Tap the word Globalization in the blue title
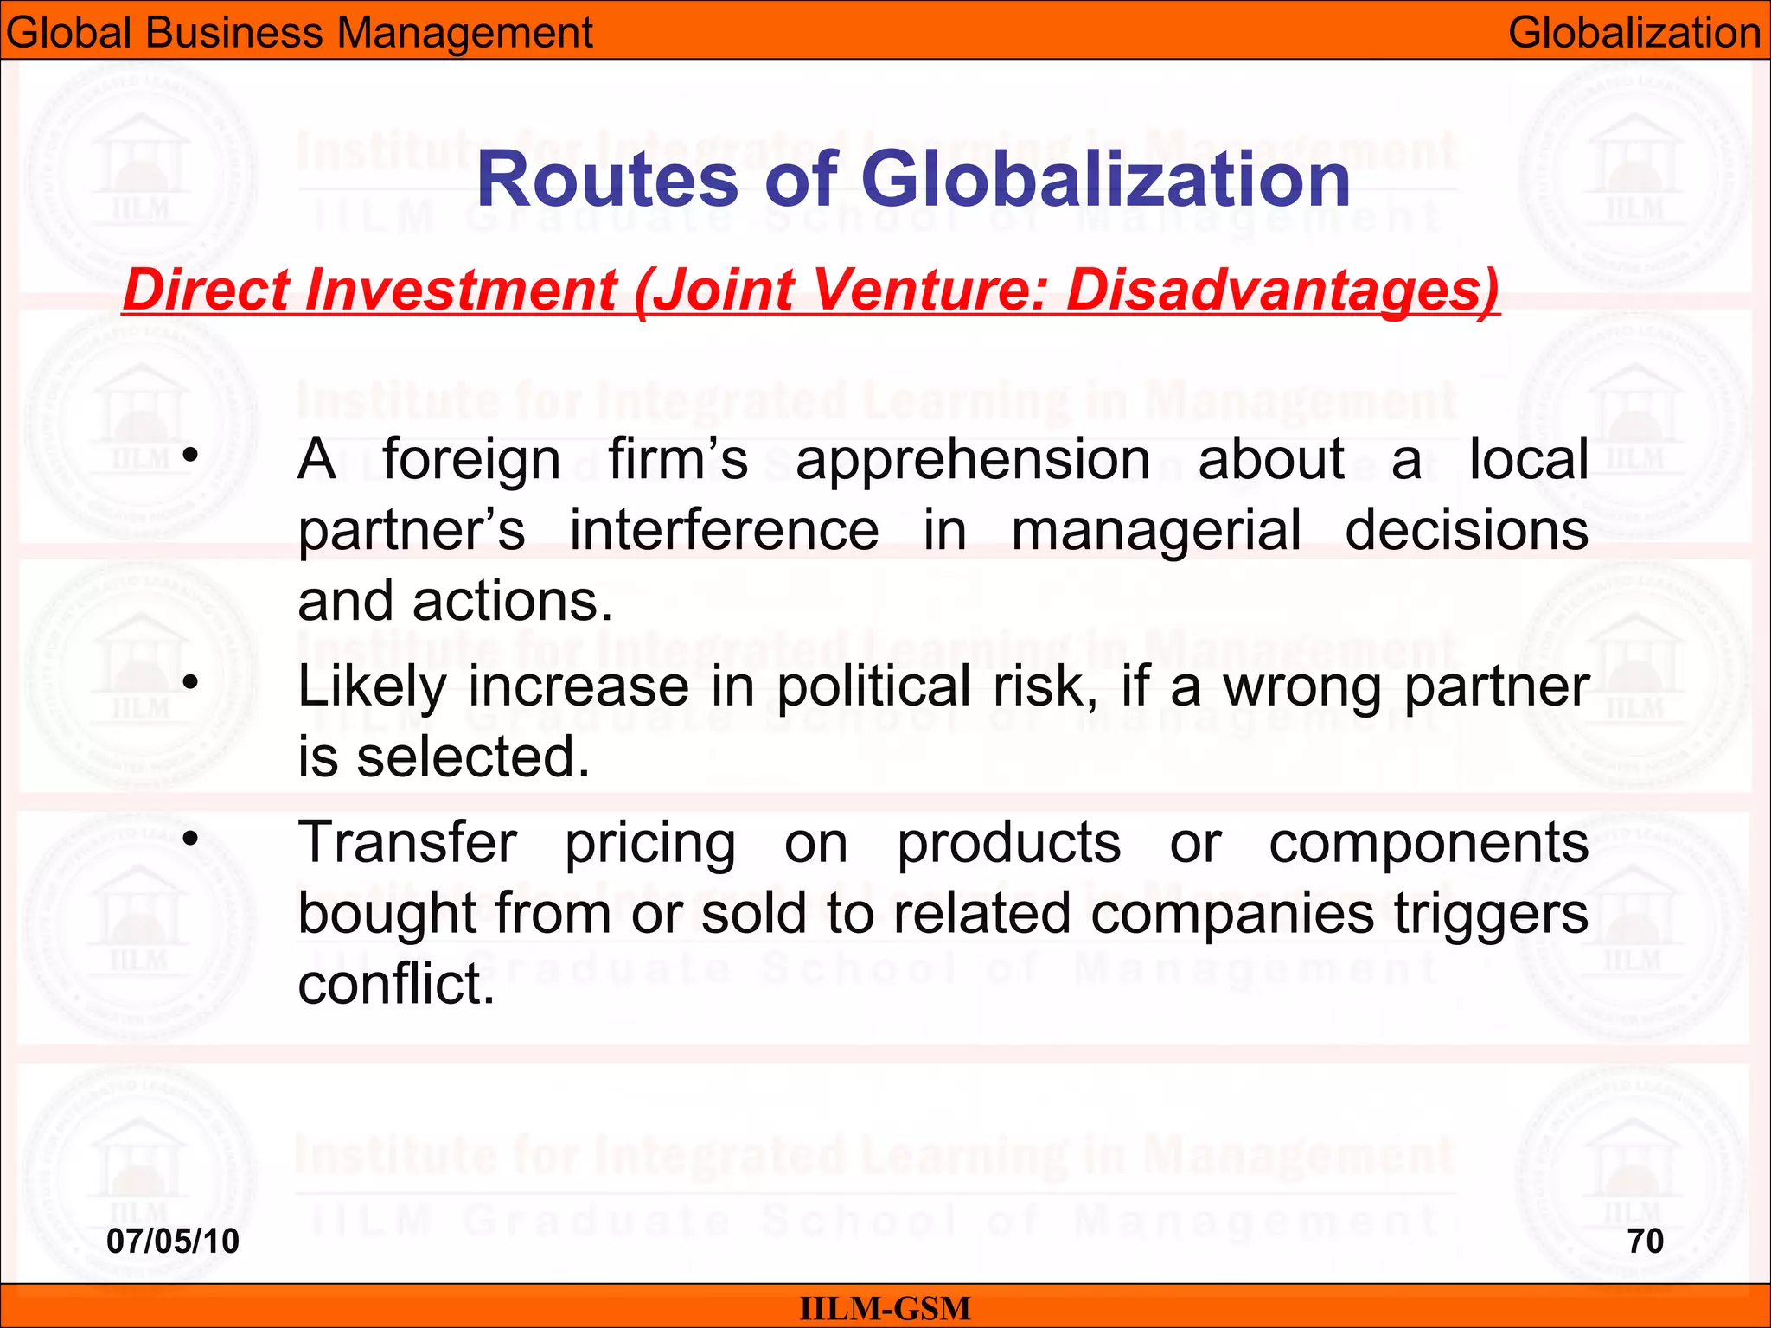coord(1105,180)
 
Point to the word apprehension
coord(973,460)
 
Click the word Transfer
coord(407,843)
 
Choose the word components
coord(1428,845)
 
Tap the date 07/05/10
coord(173,1242)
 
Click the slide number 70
coord(1645,1242)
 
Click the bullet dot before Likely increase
coord(191,683)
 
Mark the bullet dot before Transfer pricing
coord(191,838)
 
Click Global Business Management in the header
coord(299,33)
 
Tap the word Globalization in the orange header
coord(1634,33)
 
